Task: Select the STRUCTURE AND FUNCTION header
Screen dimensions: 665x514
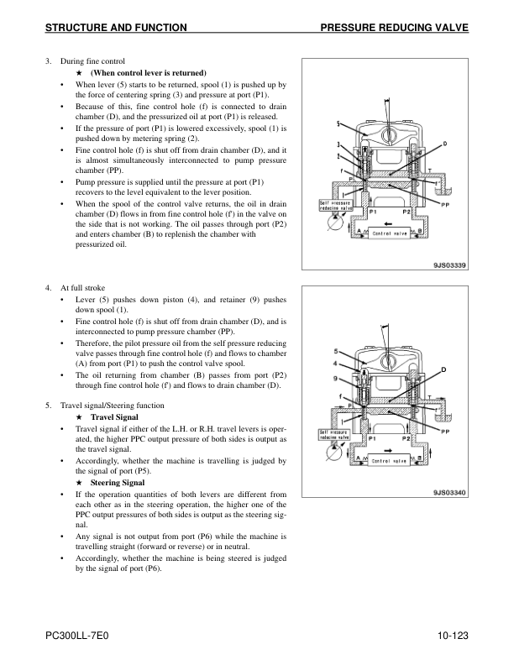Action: [x=116, y=29]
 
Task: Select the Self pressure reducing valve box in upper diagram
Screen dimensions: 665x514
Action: [x=335, y=207]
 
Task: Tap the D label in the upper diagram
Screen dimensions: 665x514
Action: [x=444, y=144]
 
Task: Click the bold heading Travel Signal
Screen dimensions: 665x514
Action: [x=113, y=417]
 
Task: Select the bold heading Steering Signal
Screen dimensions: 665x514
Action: [x=117, y=483]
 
